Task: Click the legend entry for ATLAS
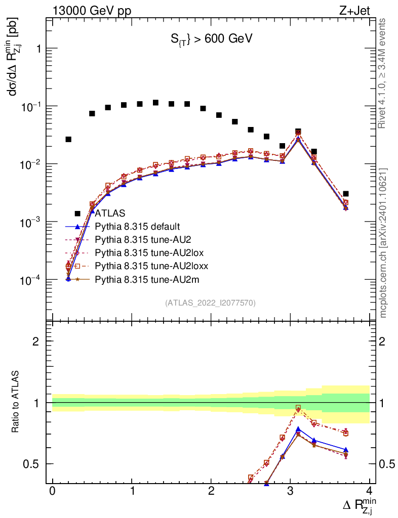(x=110, y=213)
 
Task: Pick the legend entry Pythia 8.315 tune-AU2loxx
(x=151, y=266)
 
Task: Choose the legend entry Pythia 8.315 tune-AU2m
(x=144, y=279)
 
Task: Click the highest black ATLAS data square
(x=155, y=103)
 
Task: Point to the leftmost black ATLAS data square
(x=68, y=139)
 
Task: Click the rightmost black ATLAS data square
(x=345, y=194)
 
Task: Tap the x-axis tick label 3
(x=290, y=492)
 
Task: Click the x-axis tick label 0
(x=52, y=492)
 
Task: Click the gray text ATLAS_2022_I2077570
(x=210, y=303)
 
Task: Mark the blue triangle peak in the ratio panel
(x=298, y=429)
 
